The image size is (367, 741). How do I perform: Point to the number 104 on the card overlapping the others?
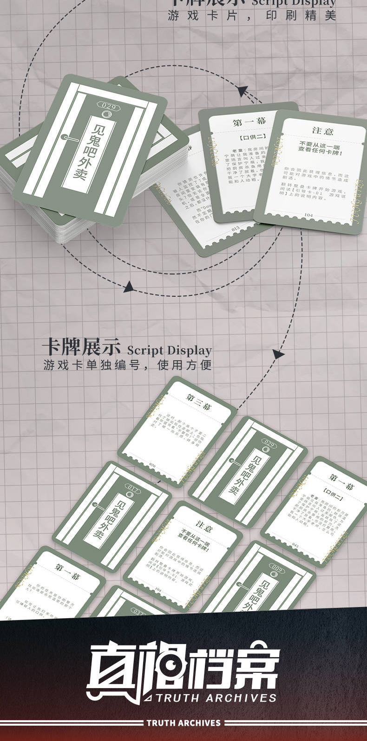point(308,215)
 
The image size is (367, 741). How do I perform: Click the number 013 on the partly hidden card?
point(235,228)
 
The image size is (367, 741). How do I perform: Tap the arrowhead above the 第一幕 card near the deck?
point(242,90)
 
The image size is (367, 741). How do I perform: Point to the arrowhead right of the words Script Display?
point(278,355)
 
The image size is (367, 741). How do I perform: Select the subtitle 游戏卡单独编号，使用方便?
point(127,365)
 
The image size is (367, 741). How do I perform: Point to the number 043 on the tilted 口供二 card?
point(296,545)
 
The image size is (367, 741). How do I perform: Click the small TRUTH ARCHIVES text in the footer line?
point(183,722)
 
